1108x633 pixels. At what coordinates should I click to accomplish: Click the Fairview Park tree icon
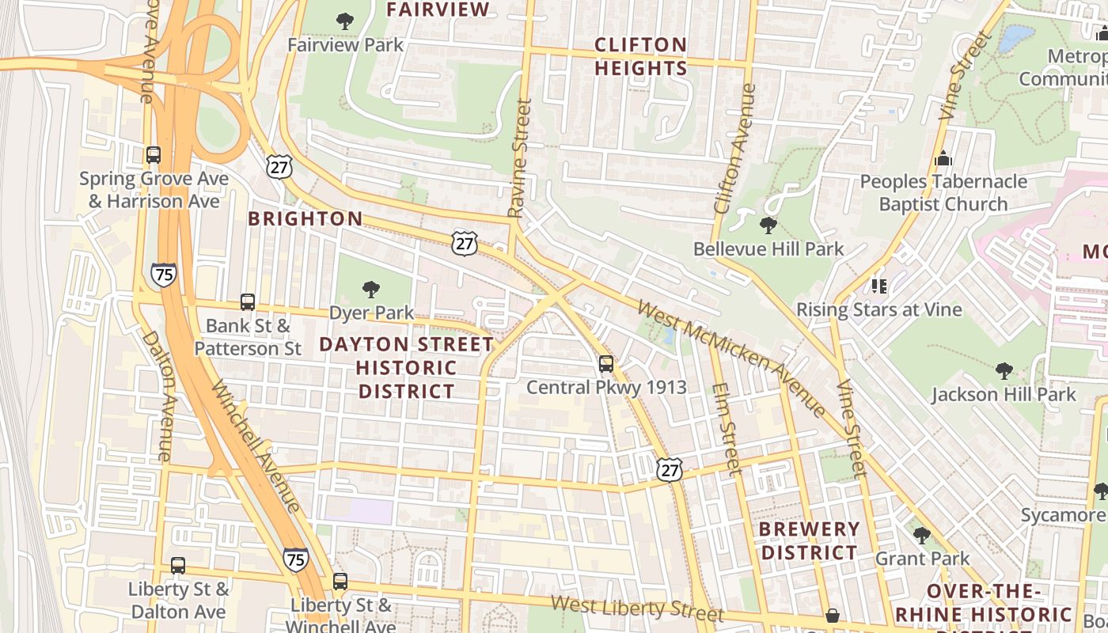(x=345, y=21)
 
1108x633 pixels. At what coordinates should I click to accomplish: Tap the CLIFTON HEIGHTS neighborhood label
(x=640, y=56)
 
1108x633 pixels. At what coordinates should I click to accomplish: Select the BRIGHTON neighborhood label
(x=305, y=219)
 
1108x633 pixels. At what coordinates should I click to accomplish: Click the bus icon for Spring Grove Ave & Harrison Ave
(x=154, y=155)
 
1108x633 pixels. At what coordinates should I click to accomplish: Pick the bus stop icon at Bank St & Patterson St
(x=248, y=302)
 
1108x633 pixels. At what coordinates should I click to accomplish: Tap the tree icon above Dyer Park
(x=370, y=290)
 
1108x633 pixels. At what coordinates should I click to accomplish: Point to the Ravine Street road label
(x=519, y=158)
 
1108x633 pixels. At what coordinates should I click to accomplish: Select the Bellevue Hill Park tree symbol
(x=768, y=226)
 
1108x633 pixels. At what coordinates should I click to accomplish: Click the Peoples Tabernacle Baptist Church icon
(x=943, y=158)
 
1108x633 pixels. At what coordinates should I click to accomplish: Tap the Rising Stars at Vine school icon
(x=878, y=286)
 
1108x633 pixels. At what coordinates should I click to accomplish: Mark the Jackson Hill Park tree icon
(x=1004, y=370)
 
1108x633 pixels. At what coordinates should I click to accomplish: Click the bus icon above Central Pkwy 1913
(x=606, y=364)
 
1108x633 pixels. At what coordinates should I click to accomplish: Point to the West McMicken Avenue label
(x=732, y=358)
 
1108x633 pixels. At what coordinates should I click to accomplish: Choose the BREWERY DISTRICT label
(x=809, y=540)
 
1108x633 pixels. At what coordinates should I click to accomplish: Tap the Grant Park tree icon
(x=921, y=536)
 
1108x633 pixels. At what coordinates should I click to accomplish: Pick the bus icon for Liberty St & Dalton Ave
(x=178, y=566)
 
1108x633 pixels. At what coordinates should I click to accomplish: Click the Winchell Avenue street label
(x=256, y=445)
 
